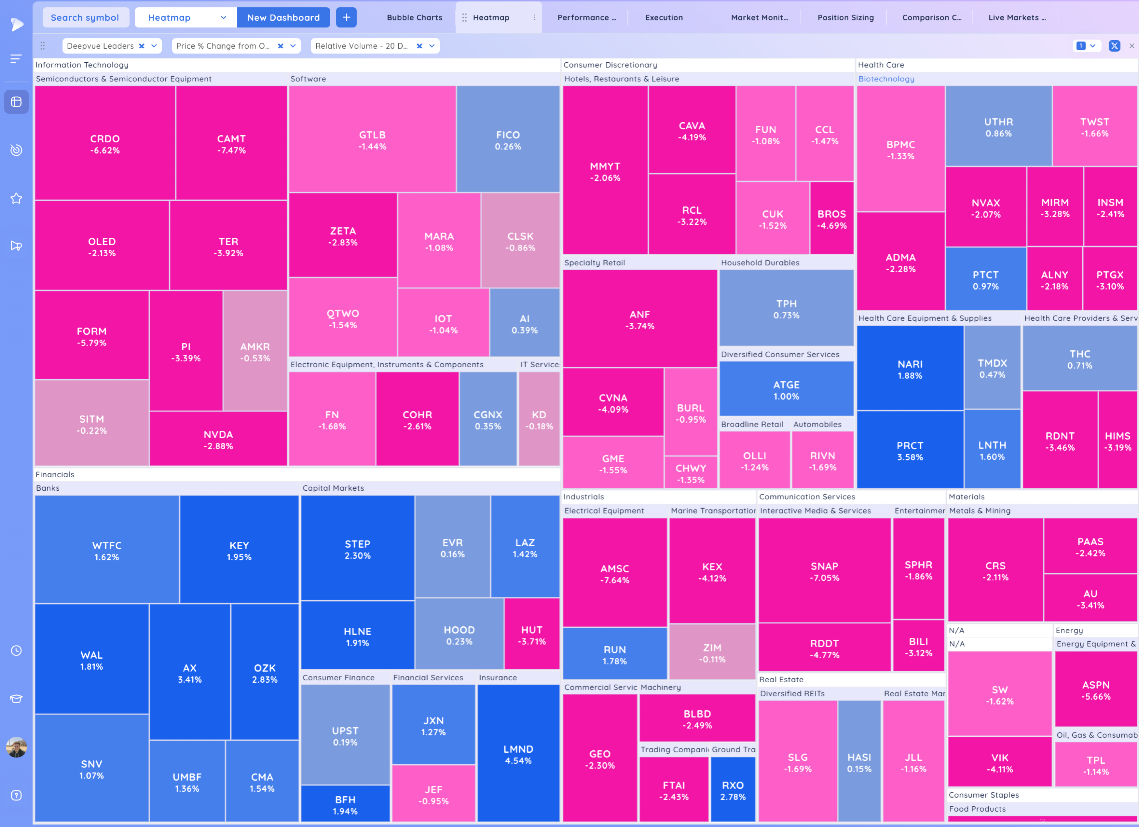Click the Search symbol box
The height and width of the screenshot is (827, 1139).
tap(85, 18)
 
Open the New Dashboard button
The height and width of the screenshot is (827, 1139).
tap(283, 18)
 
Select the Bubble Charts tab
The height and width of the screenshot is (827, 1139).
tap(414, 18)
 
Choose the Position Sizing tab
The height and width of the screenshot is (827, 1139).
tap(846, 18)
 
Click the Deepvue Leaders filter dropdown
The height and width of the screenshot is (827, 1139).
tap(154, 46)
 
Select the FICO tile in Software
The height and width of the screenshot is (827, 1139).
tap(508, 140)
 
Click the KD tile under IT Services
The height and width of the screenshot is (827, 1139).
tap(539, 420)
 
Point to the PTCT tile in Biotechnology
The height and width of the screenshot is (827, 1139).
tap(985, 280)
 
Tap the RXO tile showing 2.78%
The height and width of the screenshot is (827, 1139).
tap(733, 790)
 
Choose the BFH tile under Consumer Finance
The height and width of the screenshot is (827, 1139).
tap(345, 805)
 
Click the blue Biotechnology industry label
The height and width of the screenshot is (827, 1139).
tap(886, 79)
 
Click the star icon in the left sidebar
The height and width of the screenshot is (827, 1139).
tap(17, 198)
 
